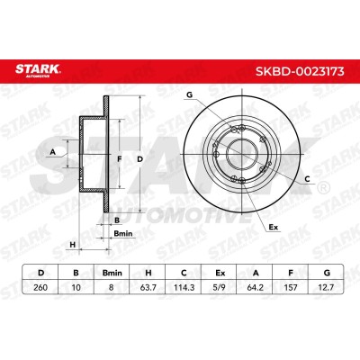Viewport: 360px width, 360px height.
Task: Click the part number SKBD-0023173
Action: coord(300,72)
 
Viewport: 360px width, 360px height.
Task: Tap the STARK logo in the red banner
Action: coord(38,70)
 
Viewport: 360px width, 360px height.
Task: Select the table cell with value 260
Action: coord(40,287)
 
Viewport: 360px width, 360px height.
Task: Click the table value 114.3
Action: coord(184,287)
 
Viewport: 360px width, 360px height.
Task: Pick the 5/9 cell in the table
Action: coord(220,287)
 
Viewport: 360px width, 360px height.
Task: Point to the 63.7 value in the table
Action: coord(148,287)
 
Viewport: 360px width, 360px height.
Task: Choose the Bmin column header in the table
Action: coord(112,273)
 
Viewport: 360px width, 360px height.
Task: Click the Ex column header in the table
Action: coord(220,273)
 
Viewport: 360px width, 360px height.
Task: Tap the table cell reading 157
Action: coord(291,287)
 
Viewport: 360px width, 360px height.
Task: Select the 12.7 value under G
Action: coord(326,287)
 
